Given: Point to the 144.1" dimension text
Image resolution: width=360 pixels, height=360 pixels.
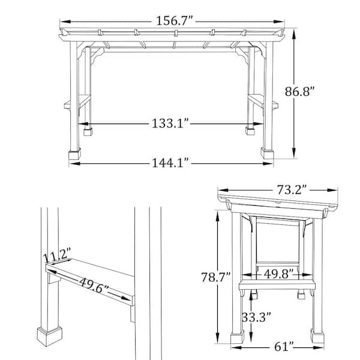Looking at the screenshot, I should (x=170, y=162).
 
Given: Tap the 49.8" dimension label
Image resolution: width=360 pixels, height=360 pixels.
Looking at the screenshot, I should (x=275, y=274).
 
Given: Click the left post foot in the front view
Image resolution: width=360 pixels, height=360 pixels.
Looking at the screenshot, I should (x=74, y=154).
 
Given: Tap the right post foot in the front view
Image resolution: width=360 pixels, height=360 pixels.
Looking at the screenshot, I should (x=267, y=154).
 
